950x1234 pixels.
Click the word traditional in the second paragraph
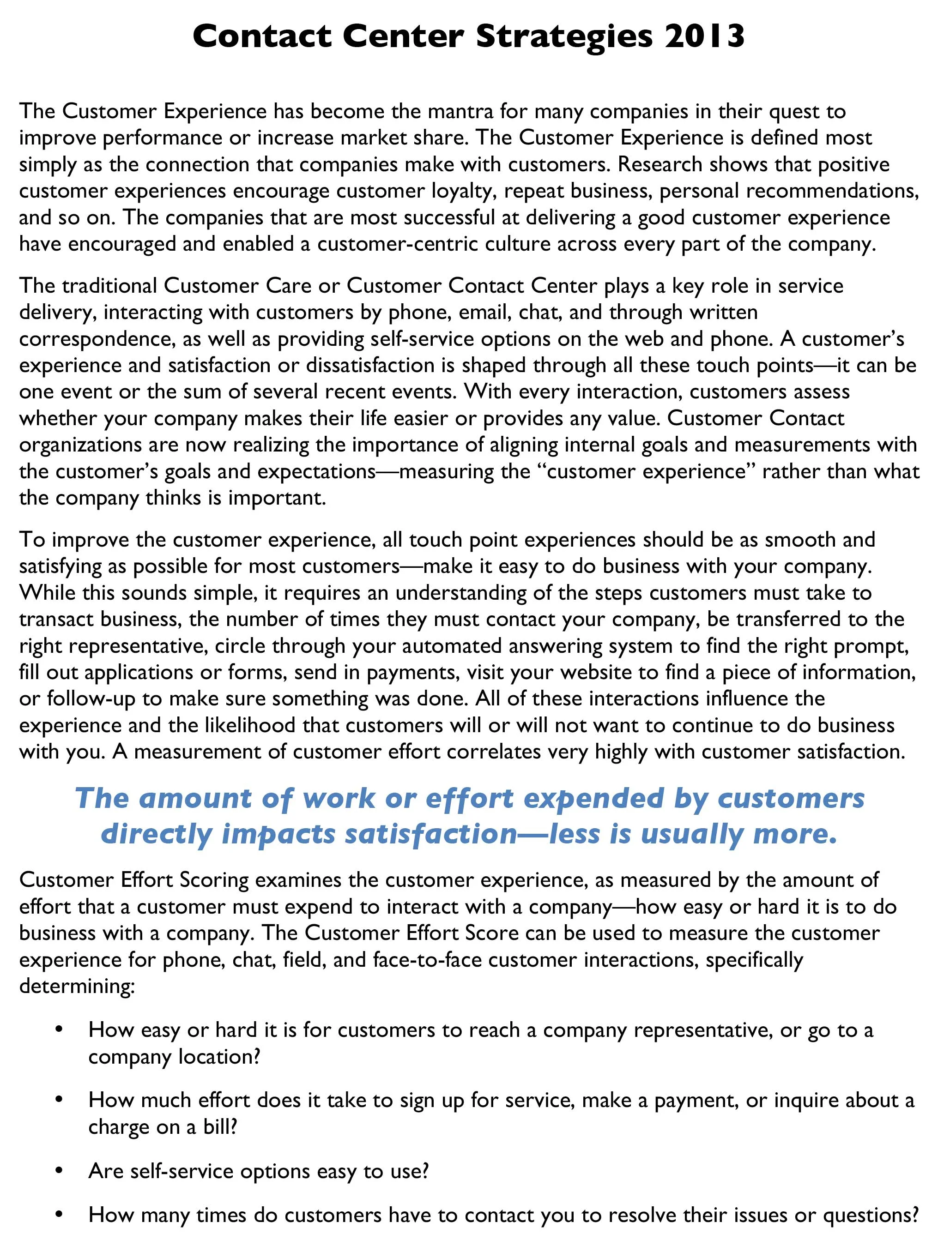[x=109, y=286]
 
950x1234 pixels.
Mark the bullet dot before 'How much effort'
[x=59, y=1100]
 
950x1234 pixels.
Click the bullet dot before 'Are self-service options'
[x=59, y=1171]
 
